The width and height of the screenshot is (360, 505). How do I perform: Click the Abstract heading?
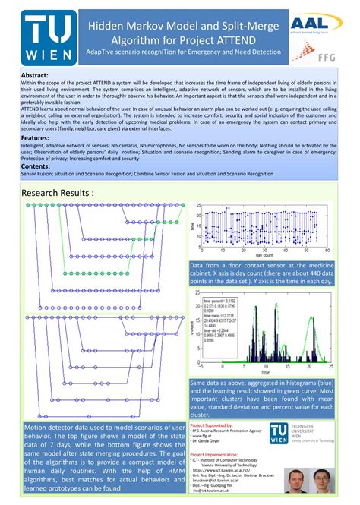(35, 76)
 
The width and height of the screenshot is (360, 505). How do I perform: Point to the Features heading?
(36, 138)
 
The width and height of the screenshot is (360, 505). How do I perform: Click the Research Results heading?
(58, 193)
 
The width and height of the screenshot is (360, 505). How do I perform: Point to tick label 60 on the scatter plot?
(333, 251)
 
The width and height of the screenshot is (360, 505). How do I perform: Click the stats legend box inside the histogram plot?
(218, 314)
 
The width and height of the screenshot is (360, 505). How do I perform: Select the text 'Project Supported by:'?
(217, 426)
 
